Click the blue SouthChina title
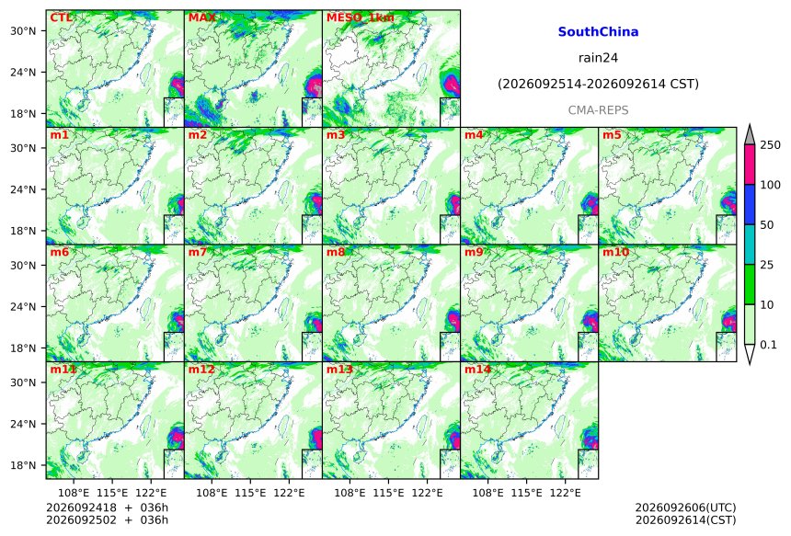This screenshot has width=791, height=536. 598,32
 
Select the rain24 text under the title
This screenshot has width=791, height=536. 598,58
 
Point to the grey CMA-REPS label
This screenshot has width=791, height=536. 598,110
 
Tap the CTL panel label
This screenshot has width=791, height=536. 61,18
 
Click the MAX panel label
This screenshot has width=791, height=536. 201,18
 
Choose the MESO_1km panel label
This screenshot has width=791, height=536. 361,18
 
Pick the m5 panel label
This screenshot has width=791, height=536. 612,135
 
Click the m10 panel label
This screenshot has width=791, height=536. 615,252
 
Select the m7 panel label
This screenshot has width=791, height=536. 198,252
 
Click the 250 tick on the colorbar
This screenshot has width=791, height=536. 771,145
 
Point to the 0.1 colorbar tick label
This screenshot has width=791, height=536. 769,345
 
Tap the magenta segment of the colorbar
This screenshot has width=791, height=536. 750,165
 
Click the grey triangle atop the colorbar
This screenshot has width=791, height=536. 750,134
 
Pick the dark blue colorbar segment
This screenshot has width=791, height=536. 750,204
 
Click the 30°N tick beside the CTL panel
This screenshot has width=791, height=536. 23,30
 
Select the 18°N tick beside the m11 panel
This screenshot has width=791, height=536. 23,465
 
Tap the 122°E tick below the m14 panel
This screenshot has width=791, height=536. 565,492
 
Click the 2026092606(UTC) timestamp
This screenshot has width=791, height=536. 685,507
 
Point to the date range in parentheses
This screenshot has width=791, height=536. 598,84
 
